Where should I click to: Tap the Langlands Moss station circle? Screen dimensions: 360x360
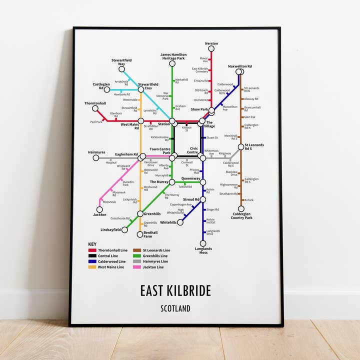(203, 243)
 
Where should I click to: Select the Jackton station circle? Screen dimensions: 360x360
(99, 209)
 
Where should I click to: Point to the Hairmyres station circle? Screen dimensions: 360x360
(96, 158)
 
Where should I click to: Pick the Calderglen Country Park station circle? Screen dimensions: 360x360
(241, 209)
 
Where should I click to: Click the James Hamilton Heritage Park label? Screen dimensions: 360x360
(173, 56)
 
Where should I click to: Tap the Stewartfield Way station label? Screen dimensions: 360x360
(118, 62)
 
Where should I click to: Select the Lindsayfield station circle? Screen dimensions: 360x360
(124, 230)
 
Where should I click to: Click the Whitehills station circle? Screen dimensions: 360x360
(180, 222)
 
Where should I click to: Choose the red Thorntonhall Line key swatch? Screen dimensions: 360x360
(92, 250)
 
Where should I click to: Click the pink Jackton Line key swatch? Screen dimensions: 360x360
(136, 267)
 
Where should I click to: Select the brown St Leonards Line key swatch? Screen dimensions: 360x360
(136, 250)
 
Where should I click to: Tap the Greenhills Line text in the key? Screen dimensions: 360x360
(156, 255)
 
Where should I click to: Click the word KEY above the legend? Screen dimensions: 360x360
(92, 244)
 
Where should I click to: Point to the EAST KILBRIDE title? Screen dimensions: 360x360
(175, 291)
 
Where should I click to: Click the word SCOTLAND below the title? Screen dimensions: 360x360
(175, 308)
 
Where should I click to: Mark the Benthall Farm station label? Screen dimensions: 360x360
(150, 234)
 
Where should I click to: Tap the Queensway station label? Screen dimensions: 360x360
(190, 178)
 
